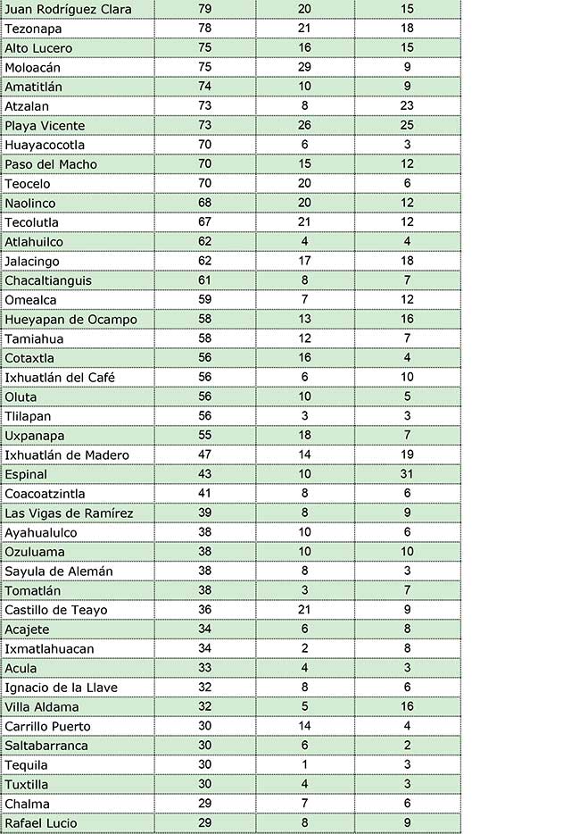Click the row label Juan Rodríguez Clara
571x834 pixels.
[x=68, y=9]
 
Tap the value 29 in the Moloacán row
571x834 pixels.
[x=305, y=67]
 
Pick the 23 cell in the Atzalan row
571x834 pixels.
[x=407, y=106]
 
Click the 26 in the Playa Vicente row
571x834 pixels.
[x=305, y=126]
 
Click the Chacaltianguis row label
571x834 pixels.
[x=48, y=280]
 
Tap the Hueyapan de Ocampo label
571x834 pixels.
[x=70, y=320]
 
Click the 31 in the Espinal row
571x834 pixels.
[x=407, y=474]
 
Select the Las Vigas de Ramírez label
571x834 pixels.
[x=69, y=513]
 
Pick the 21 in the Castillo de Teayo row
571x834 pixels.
[x=305, y=610]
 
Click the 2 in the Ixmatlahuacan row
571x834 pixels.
[x=305, y=648]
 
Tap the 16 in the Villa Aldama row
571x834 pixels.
[x=407, y=706]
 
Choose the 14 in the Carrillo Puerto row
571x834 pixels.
[x=305, y=726]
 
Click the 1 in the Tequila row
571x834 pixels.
[x=305, y=764]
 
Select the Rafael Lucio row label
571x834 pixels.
[x=41, y=823]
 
